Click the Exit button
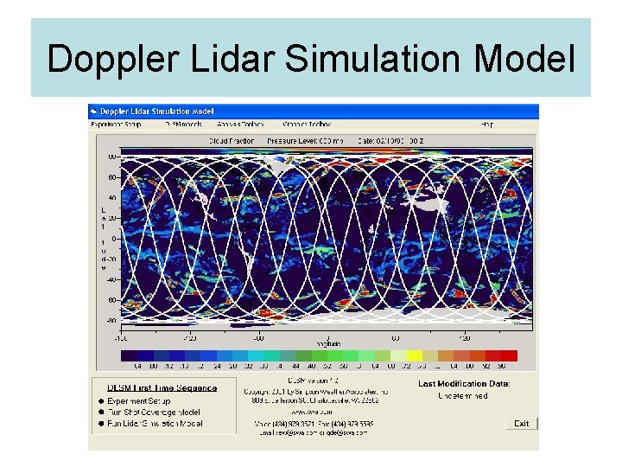point(521,424)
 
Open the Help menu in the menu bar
point(487,125)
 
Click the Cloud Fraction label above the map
point(232,139)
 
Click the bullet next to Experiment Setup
point(100,401)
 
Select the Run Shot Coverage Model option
point(150,413)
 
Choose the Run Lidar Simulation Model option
point(155,424)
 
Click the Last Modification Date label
point(464,384)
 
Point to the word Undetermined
point(464,396)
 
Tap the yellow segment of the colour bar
point(414,355)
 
